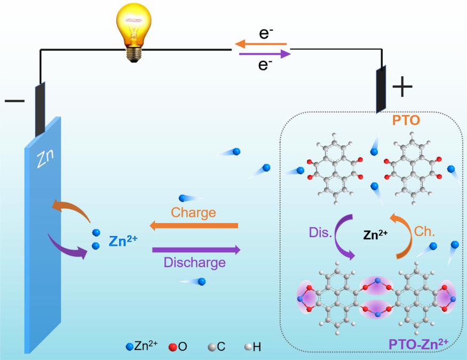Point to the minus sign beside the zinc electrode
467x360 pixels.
[14, 100]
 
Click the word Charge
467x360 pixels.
[193, 213]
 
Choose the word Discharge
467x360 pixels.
[194, 262]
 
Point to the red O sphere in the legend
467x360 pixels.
[173, 347]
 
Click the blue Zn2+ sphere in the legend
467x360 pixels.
[128, 347]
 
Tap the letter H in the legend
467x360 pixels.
[257, 347]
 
